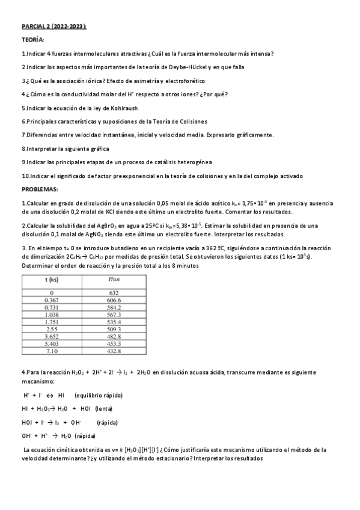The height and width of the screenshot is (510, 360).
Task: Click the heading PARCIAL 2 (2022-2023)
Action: point(54,27)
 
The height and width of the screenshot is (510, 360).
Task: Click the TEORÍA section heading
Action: point(32,40)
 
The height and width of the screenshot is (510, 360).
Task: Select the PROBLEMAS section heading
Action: point(40,189)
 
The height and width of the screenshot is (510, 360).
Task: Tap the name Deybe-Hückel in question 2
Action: point(181,67)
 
